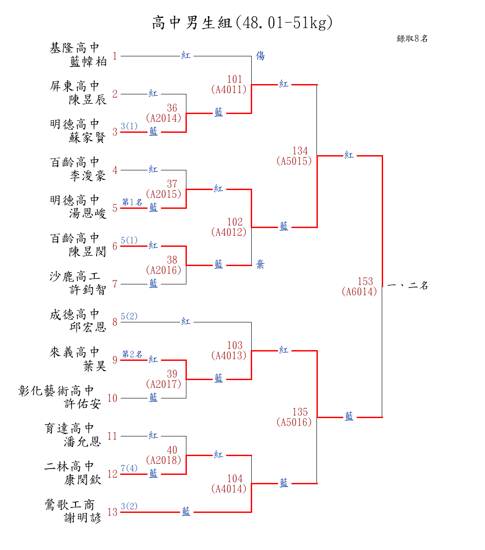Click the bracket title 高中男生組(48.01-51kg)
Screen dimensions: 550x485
[x=242, y=22]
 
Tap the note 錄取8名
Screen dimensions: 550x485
[x=412, y=39]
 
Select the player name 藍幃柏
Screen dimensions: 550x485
[x=88, y=62]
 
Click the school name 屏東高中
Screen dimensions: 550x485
[x=75, y=86]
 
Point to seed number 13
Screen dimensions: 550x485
[x=112, y=512]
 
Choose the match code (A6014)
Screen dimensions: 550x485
[x=359, y=292]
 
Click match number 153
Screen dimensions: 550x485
[x=365, y=281]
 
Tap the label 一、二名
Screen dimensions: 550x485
[x=408, y=285]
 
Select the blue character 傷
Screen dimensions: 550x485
[x=260, y=56]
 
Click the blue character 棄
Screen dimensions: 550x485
[x=260, y=265]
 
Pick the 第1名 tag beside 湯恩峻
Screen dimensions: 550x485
[x=132, y=202]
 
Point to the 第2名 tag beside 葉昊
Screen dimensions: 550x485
[x=132, y=354]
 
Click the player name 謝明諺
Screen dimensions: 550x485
[x=83, y=518]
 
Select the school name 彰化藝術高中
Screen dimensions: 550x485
[x=56, y=390]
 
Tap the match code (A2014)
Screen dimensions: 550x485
[x=164, y=118]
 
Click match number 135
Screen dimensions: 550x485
[x=300, y=412]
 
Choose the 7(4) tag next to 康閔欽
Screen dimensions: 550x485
[x=129, y=468]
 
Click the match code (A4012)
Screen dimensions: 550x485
[x=229, y=232]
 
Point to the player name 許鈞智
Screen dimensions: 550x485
[x=88, y=290]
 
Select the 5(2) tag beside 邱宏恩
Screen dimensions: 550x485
[x=129, y=316]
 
